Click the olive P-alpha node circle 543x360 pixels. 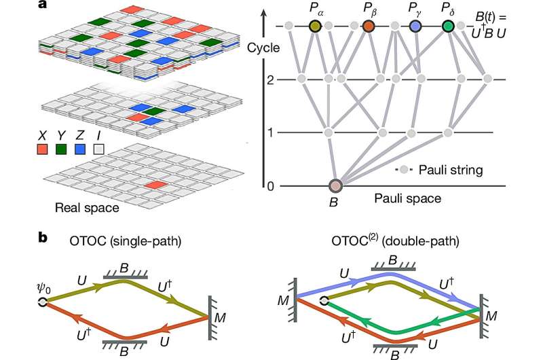tap(315, 26)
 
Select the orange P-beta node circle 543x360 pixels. tap(369, 26)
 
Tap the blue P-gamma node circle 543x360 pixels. tap(415, 26)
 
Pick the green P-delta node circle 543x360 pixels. tap(448, 26)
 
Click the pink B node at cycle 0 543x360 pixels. tap(335, 186)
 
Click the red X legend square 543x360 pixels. tap(47, 144)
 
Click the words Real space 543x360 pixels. tap(80, 207)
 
